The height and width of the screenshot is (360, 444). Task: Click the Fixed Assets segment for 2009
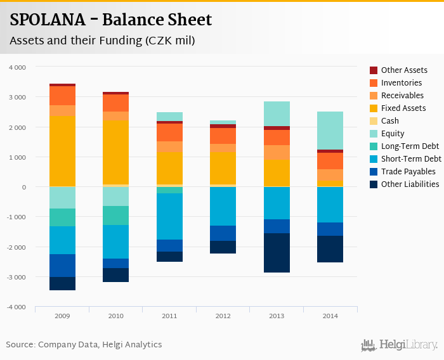click(62, 151)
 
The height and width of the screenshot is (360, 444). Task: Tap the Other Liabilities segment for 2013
click(277, 253)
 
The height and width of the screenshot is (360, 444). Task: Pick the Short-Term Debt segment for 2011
click(169, 216)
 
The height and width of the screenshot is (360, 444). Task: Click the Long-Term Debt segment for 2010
click(116, 215)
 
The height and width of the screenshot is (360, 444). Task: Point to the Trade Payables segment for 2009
click(62, 266)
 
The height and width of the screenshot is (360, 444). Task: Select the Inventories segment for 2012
click(223, 136)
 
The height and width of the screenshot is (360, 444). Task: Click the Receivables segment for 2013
click(277, 152)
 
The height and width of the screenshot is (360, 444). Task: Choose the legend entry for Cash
click(390, 120)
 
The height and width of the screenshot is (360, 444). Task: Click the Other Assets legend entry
click(404, 70)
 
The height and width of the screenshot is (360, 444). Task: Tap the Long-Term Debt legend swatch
click(374, 146)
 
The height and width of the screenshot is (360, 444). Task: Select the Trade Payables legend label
click(408, 171)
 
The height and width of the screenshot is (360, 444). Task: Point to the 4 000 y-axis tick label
click(18, 67)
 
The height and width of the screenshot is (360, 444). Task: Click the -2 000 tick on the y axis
click(16, 247)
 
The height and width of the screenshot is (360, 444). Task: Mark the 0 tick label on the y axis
click(23, 187)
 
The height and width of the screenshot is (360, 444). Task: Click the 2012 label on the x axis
click(223, 315)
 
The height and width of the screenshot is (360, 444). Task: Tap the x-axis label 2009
click(62, 315)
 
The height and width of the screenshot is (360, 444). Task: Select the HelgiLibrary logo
click(400, 345)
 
